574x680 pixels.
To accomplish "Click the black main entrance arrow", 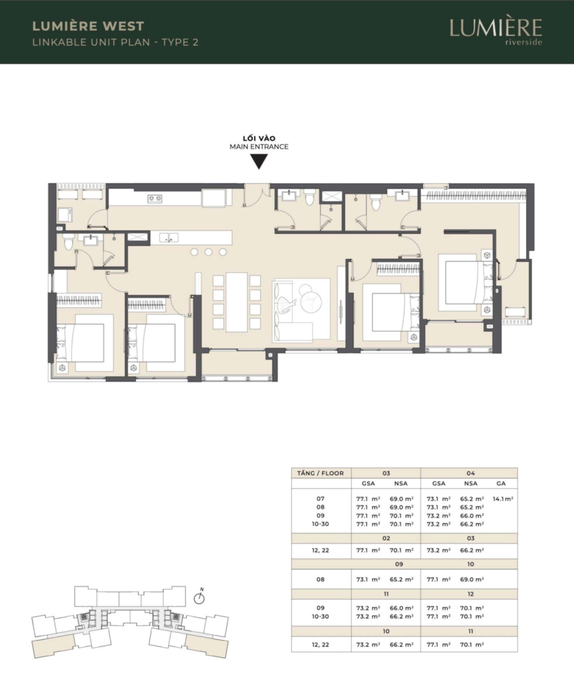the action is [x=259, y=161].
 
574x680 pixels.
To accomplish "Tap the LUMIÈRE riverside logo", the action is [x=496, y=31].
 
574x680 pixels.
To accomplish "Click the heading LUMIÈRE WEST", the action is [x=88, y=26].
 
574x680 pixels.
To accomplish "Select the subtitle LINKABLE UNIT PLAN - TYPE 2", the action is [x=116, y=42].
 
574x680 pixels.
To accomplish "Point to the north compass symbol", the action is [x=199, y=597].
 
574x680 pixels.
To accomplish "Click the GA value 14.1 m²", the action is [x=503, y=499].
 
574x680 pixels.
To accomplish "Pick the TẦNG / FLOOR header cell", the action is [x=321, y=473].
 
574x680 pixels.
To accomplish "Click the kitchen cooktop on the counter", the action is [x=155, y=199].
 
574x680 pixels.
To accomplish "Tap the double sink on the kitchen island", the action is [x=169, y=238].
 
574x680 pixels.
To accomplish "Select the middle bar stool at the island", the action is [x=209, y=252].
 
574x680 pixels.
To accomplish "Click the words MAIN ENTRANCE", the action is [x=259, y=147].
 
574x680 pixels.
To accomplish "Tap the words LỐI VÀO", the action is [x=259, y=138].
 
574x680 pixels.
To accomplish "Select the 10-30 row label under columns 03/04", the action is [x=320, y=524].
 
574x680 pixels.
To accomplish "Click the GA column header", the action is [x=501, y=483].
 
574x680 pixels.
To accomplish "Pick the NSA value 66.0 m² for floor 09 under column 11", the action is [x=401, y=608].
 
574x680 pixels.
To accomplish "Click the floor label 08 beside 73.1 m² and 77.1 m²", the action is [x=320, y=579].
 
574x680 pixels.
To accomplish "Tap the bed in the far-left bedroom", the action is [x=85, y=343].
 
